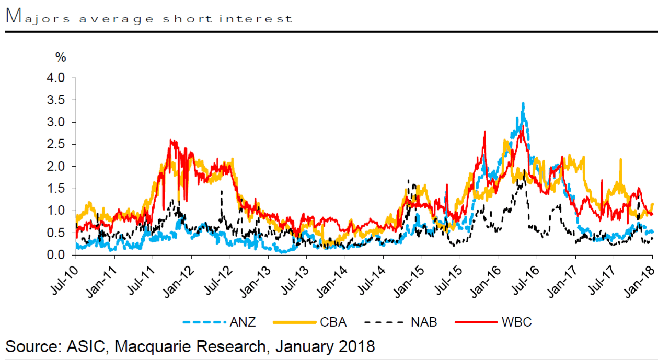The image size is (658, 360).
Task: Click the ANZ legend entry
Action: click(x=243, y=322)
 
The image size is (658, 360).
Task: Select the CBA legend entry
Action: click(x=333, y=322)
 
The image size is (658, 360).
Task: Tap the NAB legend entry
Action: click(x=423, y=322)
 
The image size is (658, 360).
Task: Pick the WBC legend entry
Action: click(x=516, y=322)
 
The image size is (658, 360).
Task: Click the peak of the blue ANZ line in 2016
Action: click(x=523, y=104)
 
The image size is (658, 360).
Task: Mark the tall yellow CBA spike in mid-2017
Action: click(x=620, y=160)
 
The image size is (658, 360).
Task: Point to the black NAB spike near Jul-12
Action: click(x=222, y=191)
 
